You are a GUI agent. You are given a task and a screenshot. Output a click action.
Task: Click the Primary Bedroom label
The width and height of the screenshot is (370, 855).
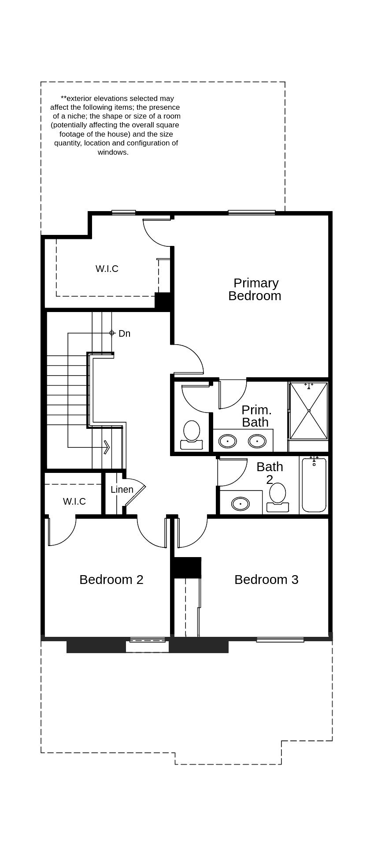[x=255, y=289]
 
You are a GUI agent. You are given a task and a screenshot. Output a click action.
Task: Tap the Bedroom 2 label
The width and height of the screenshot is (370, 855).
[x=111, y=580]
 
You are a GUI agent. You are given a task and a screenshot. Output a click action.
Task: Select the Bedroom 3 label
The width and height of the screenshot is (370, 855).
[x=266, y=580]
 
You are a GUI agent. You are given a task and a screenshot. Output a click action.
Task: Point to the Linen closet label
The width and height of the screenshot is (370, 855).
[x=122, y=490]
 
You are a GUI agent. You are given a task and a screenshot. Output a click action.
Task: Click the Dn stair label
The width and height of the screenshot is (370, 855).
[x=124, y=334]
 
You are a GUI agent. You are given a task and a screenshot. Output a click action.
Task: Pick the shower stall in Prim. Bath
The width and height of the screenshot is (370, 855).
[x=309, y=411]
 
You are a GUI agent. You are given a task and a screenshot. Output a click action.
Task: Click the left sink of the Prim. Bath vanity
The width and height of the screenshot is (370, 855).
[x=228, y=441]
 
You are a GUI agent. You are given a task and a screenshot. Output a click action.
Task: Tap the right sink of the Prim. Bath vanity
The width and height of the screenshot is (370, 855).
[x=257, y=441]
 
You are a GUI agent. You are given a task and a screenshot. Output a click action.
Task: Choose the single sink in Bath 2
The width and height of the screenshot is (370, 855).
[x=240, y=503]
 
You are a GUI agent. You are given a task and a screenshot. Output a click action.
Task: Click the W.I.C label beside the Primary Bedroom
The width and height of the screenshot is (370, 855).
[x=107, y=269]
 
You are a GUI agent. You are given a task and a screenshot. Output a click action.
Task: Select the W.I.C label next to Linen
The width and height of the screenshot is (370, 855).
[x=74, y=502]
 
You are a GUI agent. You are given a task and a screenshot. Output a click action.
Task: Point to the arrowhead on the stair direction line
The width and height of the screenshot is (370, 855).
[x=107, y=447]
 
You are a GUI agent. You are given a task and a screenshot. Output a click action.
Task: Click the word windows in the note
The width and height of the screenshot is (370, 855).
[x=113, y=152]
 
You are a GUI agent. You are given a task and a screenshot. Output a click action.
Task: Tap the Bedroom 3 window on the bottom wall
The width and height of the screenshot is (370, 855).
[x=280, y=639]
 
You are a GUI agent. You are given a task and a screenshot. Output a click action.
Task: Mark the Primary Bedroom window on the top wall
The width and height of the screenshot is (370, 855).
[x=252, y=213]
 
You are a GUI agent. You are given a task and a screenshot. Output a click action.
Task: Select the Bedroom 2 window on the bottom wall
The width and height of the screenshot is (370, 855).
[x=148, y=639]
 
